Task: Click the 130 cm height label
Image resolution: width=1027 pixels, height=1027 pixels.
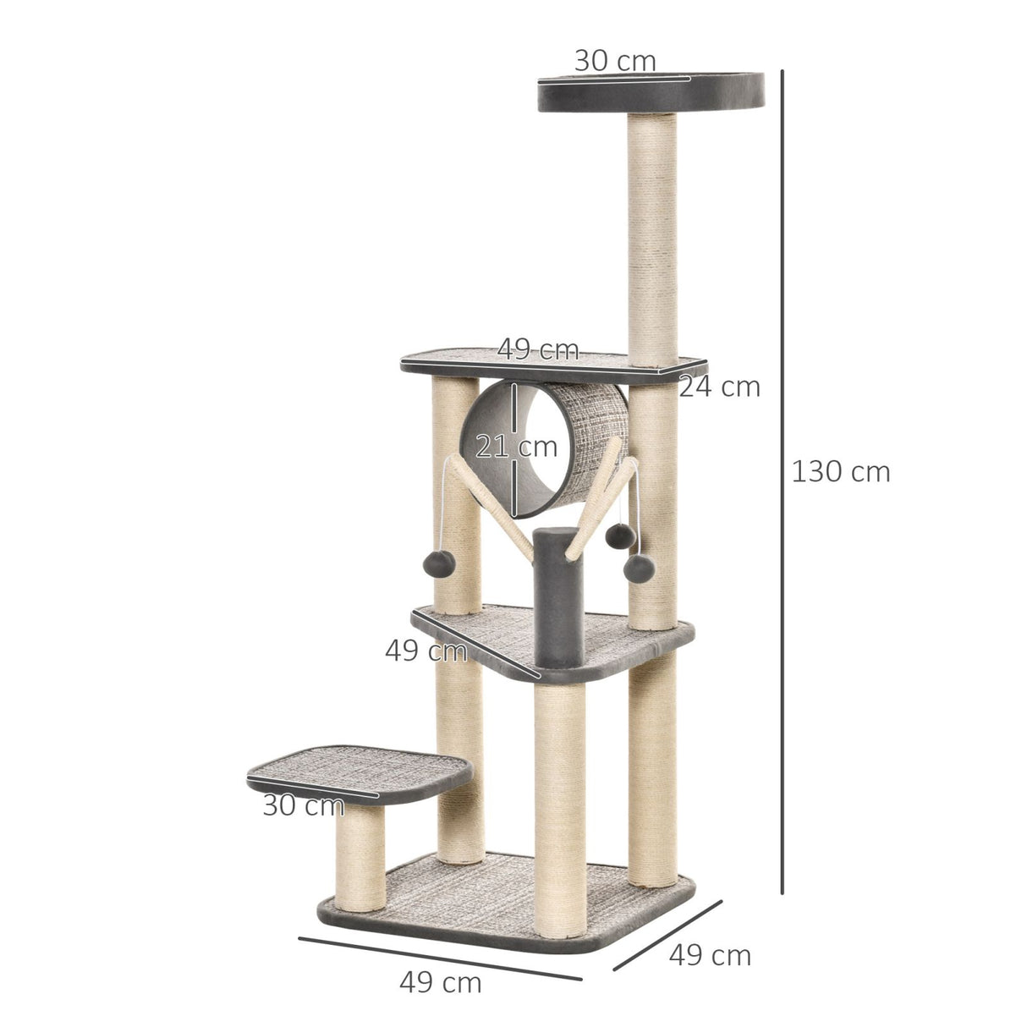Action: (841, 471)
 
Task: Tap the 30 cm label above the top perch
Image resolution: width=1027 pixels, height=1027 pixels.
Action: (615, 61)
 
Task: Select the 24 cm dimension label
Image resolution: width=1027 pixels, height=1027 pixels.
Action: (720, 387)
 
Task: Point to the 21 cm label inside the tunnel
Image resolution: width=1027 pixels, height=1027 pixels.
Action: (516, 446)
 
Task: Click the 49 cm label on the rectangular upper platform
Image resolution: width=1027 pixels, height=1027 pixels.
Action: (538, 349)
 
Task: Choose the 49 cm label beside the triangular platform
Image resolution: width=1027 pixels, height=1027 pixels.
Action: (426, 651)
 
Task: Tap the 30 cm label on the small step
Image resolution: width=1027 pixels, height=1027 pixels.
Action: (303, 805)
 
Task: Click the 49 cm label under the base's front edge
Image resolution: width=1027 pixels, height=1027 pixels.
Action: (440, 983)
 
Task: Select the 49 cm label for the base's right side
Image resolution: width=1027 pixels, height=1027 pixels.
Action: (710, 955)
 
